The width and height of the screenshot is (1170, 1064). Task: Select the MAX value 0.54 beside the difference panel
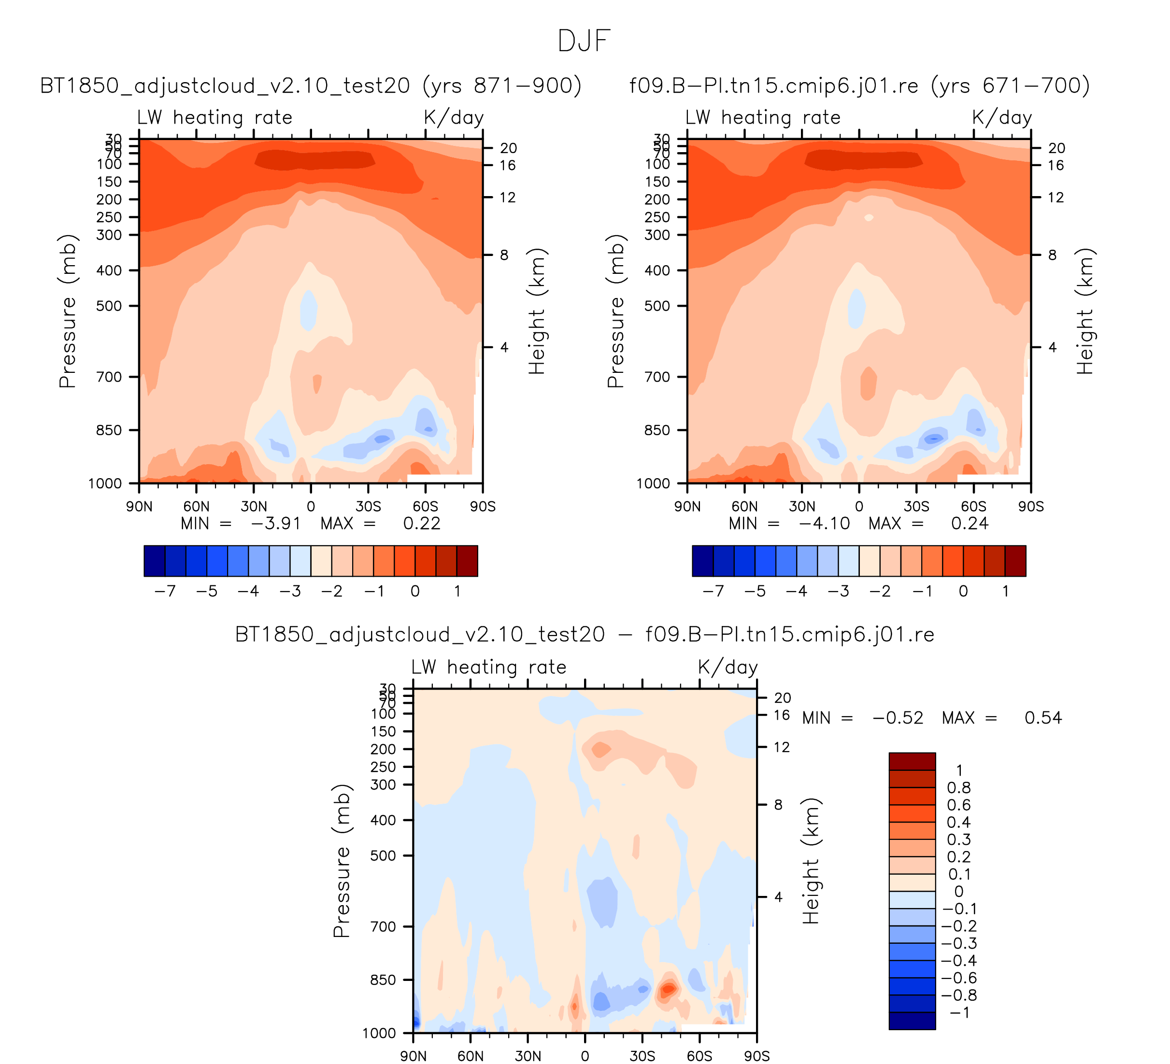pos(1043,718)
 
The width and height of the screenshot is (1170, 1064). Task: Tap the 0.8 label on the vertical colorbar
pos(959,787)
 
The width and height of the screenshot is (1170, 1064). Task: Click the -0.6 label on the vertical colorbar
pos(959,978)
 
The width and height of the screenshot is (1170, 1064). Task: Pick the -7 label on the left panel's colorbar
pos(165,591)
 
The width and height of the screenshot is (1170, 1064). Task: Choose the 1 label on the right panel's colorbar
pos(1005,591)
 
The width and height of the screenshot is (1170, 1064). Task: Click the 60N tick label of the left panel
pos(196,507)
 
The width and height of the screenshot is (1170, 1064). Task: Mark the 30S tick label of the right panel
pos(916,507)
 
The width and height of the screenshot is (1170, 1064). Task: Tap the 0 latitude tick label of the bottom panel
pos(585,1056)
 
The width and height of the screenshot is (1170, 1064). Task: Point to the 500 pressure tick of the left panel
pos(109,306)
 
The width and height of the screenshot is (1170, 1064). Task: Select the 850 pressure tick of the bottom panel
pos(383,980)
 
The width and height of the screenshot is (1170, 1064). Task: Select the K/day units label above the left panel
pos(453,117)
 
